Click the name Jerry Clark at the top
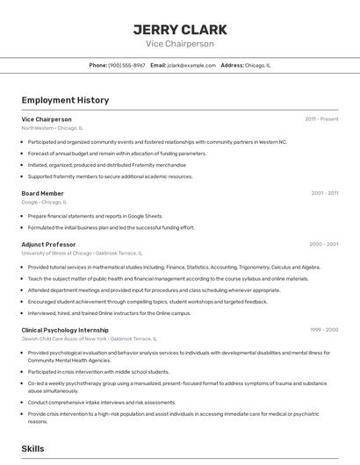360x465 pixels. [179, 29]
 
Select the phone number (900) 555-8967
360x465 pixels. [126, 65]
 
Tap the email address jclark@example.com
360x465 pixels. [191, 65]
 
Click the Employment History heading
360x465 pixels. [65, 100]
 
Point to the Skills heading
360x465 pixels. [32, 448]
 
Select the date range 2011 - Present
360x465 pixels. [321, 118]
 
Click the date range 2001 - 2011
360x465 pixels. [324, 193]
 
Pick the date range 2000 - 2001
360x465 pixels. [323, 244]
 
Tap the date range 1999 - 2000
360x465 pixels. [324, 330]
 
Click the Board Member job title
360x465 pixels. [42, 193]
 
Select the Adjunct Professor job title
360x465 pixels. [48, 244]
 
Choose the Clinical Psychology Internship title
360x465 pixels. [65, 330]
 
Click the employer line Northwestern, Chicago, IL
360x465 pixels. [53, 128]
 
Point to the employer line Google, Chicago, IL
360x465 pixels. [45, 202]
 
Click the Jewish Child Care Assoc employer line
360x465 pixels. [89, 339]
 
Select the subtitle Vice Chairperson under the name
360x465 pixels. [179, 44]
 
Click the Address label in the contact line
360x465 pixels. [232, 65]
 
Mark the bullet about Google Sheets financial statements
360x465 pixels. [95, 216]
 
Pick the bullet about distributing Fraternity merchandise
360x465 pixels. [106, 165]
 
